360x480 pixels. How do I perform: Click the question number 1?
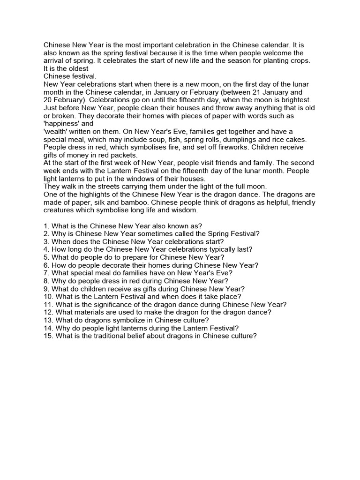click(45, 226)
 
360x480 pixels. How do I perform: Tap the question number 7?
click(45, 273)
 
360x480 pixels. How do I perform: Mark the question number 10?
click(47, 297)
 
